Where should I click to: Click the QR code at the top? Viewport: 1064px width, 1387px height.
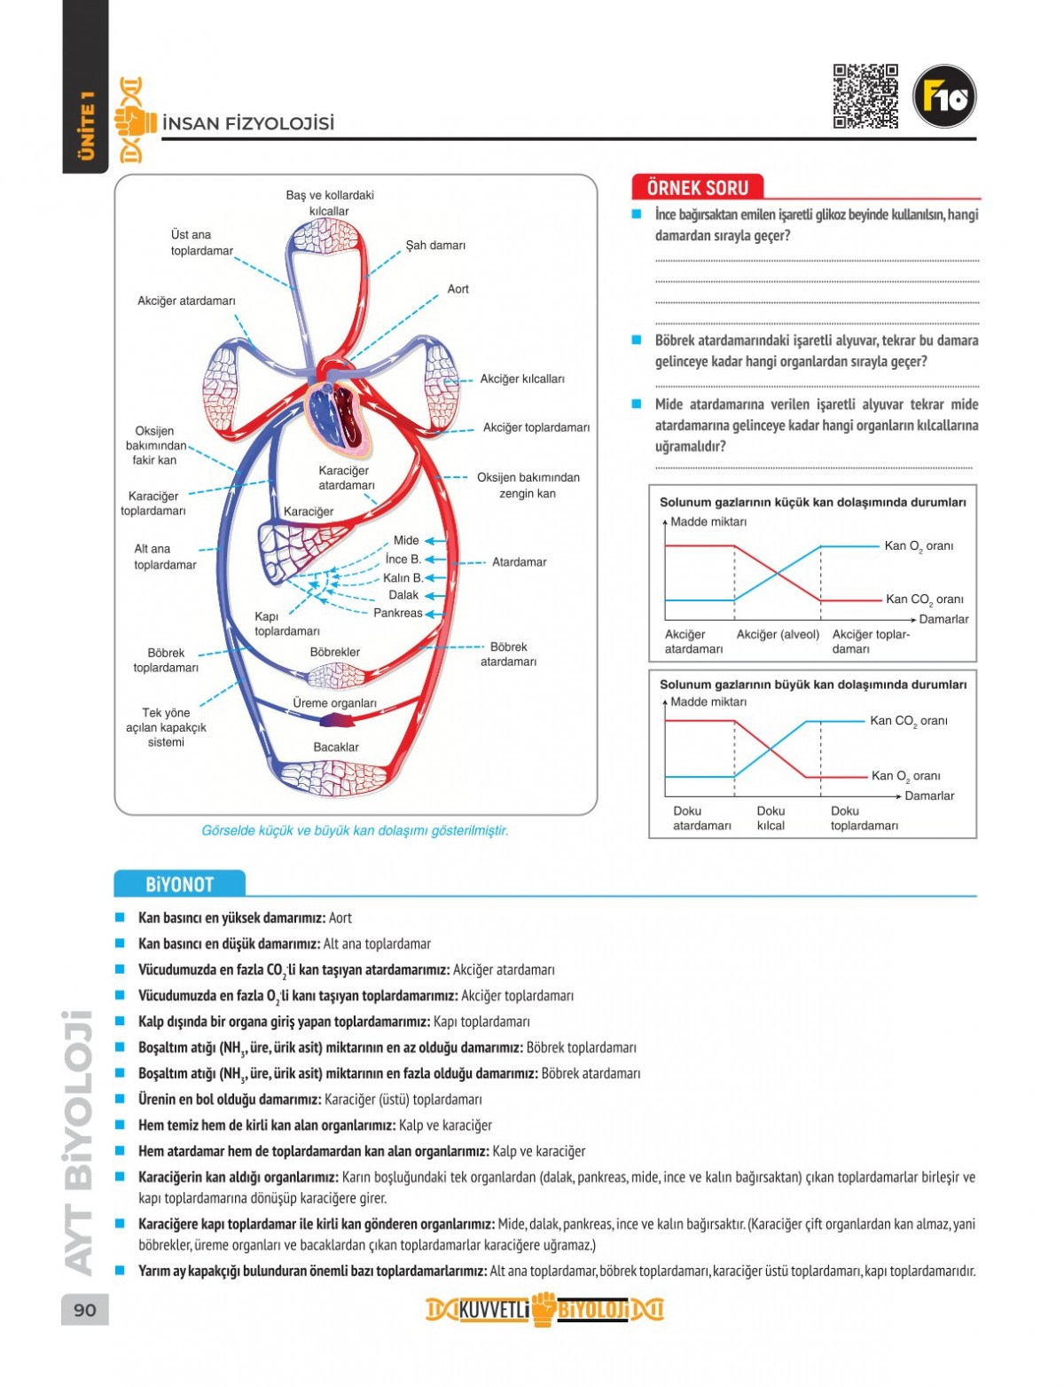(x=865, y=97)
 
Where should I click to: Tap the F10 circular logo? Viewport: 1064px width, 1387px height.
(x=944, y=97)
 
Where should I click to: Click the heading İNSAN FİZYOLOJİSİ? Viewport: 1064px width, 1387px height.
(x=248, y=123)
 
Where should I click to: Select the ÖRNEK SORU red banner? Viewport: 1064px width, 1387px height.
(x=698, y=187)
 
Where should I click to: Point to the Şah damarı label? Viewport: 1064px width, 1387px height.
(x=435, y=245)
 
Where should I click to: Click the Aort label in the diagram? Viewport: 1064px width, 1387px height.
(x=458, y=289)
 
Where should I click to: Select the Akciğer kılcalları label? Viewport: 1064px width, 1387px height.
(x=521, y=379)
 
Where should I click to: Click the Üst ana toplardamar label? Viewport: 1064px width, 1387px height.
(x=201, y=243)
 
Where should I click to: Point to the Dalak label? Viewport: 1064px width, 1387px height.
(x=403, y=595)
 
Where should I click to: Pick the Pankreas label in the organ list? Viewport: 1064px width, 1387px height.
(x=397, y=613)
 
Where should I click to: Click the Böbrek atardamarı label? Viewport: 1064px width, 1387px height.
(x=508, y=654)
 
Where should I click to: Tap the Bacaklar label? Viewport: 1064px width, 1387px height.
(x=336, y=747)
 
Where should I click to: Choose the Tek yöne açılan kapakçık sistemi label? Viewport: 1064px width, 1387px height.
(x=166, y=727)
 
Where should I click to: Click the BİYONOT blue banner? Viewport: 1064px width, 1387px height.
(x=179, y=884)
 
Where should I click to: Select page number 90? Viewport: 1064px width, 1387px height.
(x=85, y=1310)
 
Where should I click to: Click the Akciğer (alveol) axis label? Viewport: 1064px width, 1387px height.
(x=778, y=634)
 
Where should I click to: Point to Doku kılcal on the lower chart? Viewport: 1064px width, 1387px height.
(x=771, y=818)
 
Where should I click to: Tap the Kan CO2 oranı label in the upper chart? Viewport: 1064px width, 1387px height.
(x=924, y=599)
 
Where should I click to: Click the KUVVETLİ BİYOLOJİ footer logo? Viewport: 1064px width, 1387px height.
(x=544, y=1310)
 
